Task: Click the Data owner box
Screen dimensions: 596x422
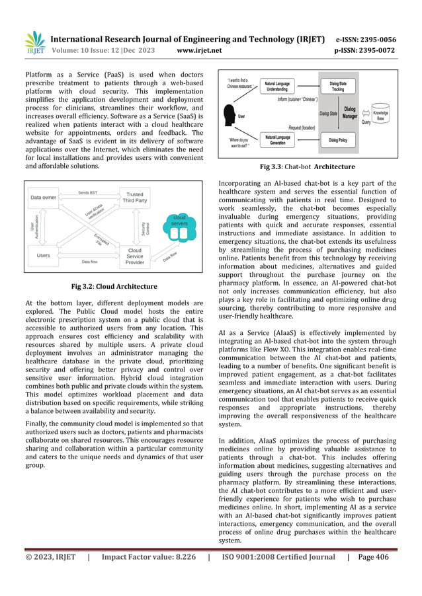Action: point(44,197)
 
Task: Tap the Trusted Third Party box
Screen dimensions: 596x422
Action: point(134,197)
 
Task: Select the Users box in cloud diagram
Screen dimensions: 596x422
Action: point(44,255)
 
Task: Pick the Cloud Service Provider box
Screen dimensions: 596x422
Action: point(134,256)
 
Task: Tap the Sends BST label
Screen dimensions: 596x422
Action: point(88,192)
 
